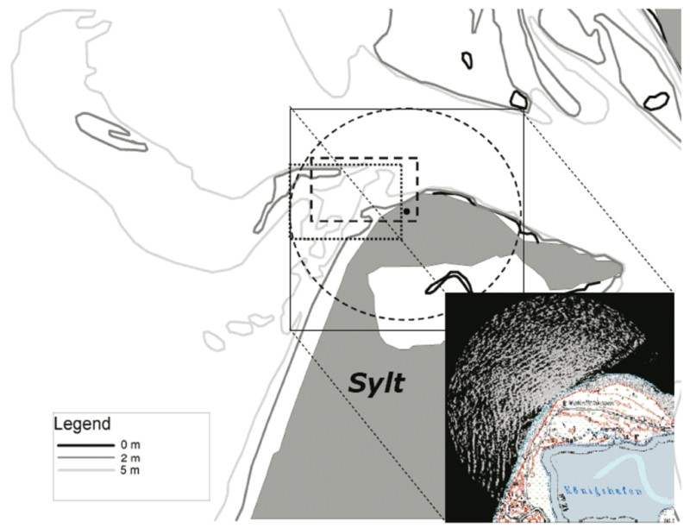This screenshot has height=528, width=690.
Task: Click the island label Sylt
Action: pyautogui.click(x=376, y=381)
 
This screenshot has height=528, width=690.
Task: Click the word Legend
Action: pyautogui.click(x=82, y=424)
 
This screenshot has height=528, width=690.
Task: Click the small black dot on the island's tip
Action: pyautogui.click(x=406, y=211)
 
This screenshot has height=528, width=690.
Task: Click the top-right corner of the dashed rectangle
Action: pyautogui.click(x=417, y=158)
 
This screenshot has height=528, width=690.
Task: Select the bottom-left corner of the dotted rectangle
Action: pyautogui.click(x=292, y=238)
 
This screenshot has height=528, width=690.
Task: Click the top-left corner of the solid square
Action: pyautogui.click(x=291, y=110)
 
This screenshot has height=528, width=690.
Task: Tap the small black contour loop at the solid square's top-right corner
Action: pyautogui.click(x=517, y=98)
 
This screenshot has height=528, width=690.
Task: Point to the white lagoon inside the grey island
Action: pyautogui.click(x=405, y=293)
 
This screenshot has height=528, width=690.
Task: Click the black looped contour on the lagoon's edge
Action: pyautogui.click(x=448, y=283)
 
